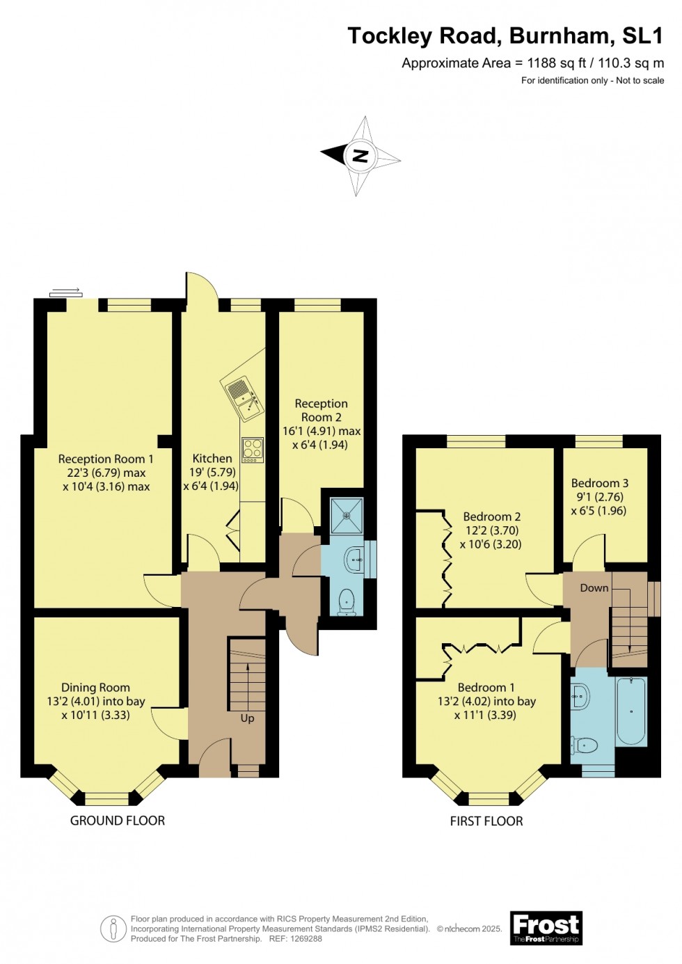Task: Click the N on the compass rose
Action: coord(360,155)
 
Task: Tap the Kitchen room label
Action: coord(212,458)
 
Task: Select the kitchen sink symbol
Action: coord(243,400)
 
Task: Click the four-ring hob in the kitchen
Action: coord(252,450)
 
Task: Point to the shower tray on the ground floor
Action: coord(347,516)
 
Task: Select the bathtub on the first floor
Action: coord(631,712)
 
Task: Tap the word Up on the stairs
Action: coord(247,718)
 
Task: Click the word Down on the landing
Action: coord(594,588)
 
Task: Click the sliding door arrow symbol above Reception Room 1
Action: coord(66,292)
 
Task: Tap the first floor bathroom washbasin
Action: coord(580,694)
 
